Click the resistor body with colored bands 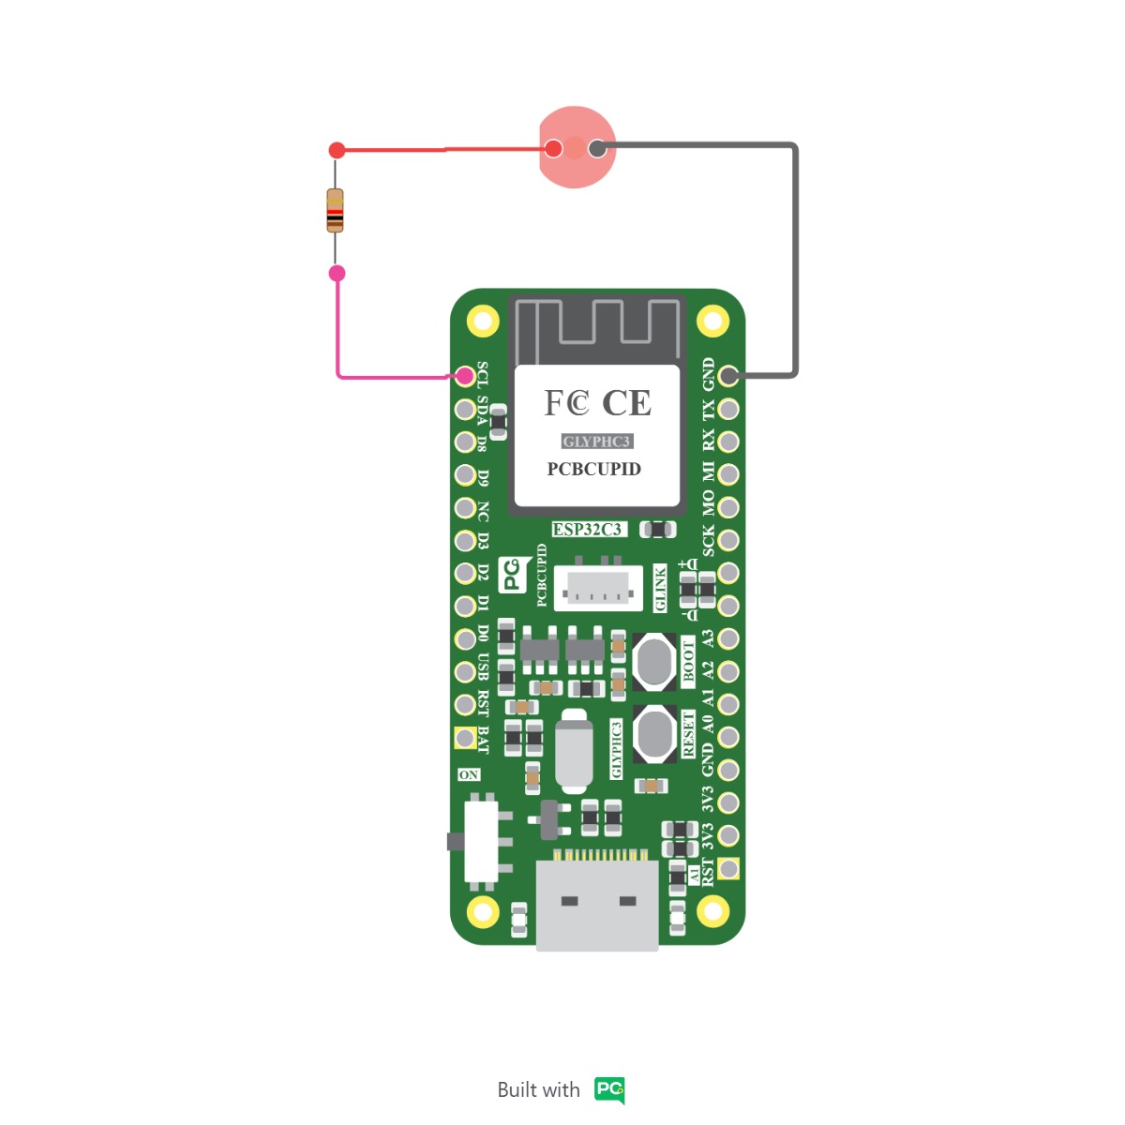coord(335,210)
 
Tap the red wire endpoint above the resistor coord(337,150)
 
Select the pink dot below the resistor coord(337,273)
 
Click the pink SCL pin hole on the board coord(465,376)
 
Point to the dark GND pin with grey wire coord(728,376)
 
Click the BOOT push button coord(654,661)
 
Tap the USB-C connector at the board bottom coord(597,905)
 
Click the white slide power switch coord(481,841)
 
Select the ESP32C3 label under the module coord(588,530)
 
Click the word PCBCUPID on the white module coord(594,469)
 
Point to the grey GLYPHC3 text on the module coord(596,442)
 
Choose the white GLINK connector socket coord(597,589)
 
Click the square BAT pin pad coord(465,738)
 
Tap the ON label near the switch coord(469,774)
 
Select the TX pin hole coord(728,409)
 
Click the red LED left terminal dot coord(554,148)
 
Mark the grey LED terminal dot coord(597,148)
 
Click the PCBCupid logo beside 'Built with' coord(609,1089)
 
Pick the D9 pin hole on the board coord(465,474)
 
